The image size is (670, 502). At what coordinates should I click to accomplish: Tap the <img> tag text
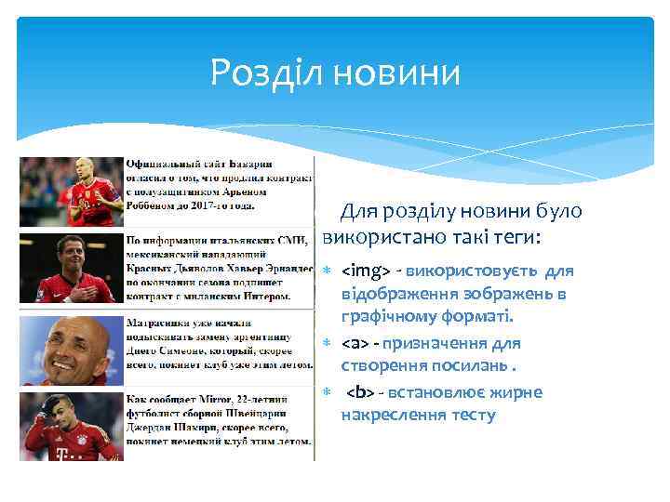[x=366, y=271]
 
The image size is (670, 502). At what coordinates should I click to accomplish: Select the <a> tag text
[x=355, y=344]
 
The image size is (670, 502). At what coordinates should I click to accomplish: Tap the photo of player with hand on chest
[x=71, y=271]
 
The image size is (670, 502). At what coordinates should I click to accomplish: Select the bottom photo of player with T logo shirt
[x=71, y=427]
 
